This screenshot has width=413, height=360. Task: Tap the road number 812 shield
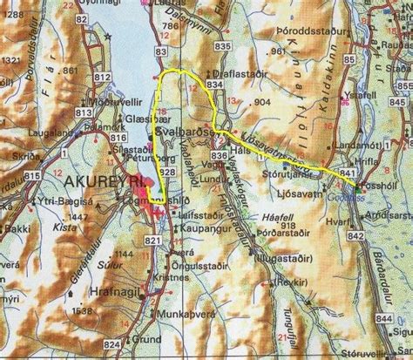(x=103, y=78)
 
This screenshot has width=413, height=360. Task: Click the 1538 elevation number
(x=83, y=310)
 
